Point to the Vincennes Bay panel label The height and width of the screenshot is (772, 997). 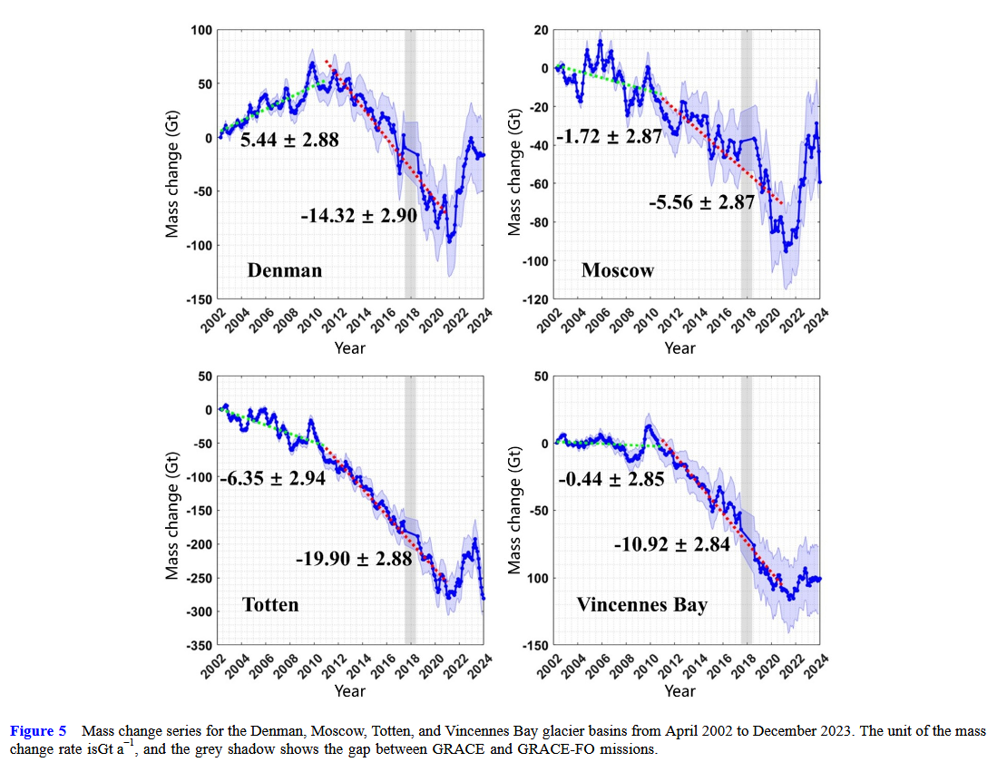pos(641,604)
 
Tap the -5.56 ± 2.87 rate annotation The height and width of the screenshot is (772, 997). pos(701,201)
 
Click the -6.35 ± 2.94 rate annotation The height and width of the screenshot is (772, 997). pos(273,478)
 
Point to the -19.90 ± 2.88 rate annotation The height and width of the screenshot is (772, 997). pos(354,559)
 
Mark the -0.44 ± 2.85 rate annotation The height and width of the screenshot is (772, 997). pos(611,478)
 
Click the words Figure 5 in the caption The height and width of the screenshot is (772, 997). pos(37,731)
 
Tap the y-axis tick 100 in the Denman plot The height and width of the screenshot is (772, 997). pos(201,31)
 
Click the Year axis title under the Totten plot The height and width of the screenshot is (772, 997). pos(349,691)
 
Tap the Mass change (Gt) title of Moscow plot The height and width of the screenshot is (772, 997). pos(514,164)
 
